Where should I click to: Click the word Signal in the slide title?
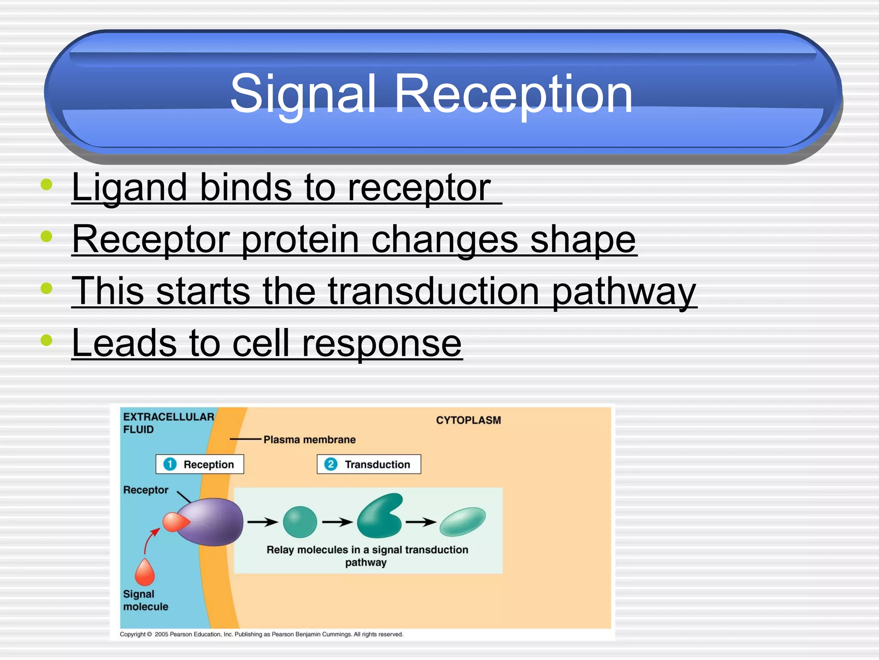[x=303, y=94]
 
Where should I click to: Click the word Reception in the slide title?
[x=513, y=94]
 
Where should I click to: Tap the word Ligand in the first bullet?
[x=129, y=187]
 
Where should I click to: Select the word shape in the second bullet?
[x=583, y=239]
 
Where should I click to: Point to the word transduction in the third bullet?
[x=433, y=291]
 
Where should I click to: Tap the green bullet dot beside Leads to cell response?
[x=46, y=340]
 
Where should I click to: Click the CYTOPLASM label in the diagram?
[x=468, y=420]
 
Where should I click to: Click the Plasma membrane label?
[x=309, y=440]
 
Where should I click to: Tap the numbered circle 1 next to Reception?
[x=170, y=464]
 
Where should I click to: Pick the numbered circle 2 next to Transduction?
[x=330, y=464]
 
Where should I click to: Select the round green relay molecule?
[x=300, y=522]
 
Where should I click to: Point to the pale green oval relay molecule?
[x=462, y=521]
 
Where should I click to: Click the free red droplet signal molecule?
[x=145, y=572]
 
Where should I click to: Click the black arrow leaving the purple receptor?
[x=263, y=522]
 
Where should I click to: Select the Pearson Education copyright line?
[x=261, y=634]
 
